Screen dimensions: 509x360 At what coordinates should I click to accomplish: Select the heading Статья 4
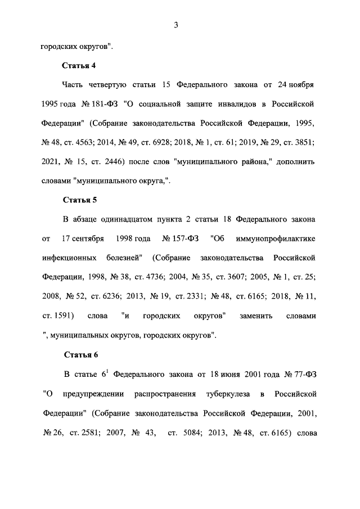pos(79,66)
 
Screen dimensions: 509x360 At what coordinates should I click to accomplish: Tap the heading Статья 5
pos(79,200)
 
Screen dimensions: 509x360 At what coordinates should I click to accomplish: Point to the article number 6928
pos(164,143)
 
